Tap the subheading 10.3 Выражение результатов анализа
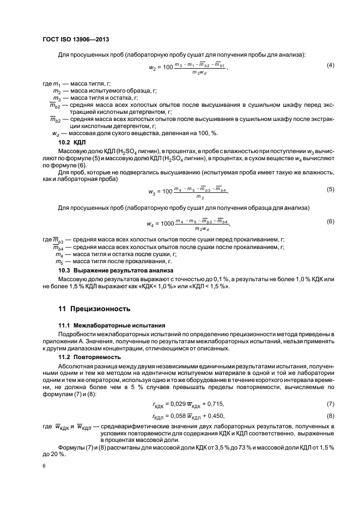[x=115, y=270]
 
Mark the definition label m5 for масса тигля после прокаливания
[x=59, y=262]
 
